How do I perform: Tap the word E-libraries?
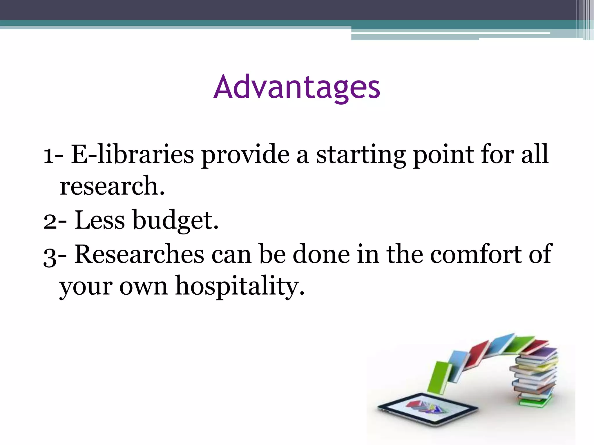click(132, 154)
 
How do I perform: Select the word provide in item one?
click(245, 154)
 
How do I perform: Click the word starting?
click(361, 154)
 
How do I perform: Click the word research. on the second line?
click(112, 186)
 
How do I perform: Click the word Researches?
click(139, 254)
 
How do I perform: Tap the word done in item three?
click(321, 254)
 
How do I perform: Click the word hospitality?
click(240, 286)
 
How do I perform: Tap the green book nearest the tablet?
click(439, 377)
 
